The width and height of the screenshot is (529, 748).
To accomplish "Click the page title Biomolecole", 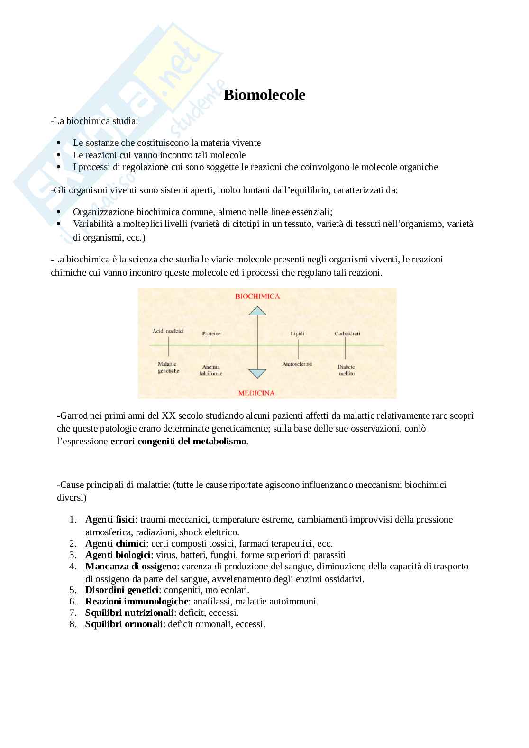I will (264, 95).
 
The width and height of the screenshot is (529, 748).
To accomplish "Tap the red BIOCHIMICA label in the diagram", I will (257, 297).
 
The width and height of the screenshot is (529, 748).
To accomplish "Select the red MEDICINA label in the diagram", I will (256, 393).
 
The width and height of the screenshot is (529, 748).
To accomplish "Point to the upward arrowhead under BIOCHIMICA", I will (257, 311).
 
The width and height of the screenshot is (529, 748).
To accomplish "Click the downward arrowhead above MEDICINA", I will (257, 373).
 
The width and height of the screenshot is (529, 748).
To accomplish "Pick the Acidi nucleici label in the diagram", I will (168, 331).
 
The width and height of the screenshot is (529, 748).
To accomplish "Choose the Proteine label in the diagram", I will (211, 333).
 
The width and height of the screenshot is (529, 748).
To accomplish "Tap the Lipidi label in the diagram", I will (297, 333).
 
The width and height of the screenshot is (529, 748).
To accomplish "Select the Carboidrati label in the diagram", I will (347, 333).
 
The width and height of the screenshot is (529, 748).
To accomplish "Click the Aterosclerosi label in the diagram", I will (297, 364).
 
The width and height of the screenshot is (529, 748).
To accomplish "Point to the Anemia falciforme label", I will (211, 370).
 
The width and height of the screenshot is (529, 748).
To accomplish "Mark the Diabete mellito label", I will (346, 370).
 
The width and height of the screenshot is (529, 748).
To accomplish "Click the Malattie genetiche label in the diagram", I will (168, 367).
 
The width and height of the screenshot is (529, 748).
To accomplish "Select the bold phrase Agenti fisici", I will (110, 520).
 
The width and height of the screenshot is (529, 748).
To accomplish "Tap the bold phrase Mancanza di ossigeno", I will (131, 567).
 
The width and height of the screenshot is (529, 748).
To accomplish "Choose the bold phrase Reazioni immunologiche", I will (137, 602).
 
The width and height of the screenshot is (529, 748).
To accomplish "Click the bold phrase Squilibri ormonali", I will (124, 624).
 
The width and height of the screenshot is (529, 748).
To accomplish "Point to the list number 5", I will (73, 590).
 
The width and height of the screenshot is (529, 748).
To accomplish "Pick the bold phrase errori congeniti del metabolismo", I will (178, 442).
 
